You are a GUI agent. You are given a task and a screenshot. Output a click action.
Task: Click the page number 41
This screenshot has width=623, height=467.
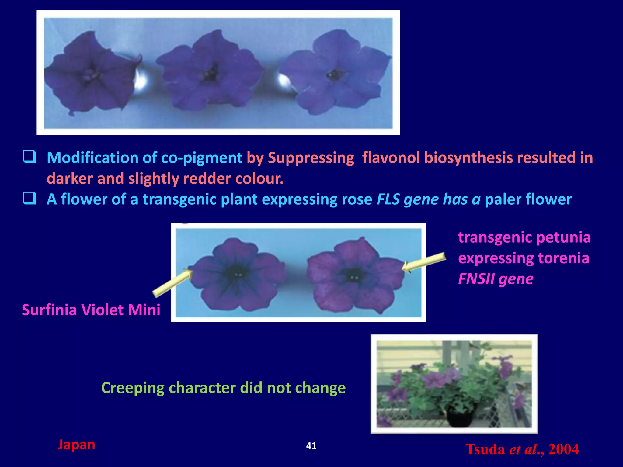click(x=311, y=446)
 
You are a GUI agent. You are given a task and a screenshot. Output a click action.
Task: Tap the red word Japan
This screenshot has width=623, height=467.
click(x=76, y=445)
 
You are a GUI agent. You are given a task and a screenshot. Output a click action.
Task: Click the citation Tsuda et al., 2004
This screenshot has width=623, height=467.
click(x=522, y=449)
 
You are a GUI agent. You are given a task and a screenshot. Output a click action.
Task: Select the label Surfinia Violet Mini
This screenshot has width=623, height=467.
click(x=91, y=310)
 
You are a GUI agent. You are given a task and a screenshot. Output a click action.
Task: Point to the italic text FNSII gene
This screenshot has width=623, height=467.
click(x=496, y=279)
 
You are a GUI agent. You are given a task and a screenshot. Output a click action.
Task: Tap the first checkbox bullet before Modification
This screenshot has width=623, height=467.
click(x=30, y=157)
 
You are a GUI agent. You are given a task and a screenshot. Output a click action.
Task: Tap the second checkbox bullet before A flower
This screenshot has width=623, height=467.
click(x=30, y=199)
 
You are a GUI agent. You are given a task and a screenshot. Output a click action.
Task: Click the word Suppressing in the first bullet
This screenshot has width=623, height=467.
click(x=311, y=158)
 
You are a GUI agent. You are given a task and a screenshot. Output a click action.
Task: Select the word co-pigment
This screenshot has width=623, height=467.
click(x=201, y=158)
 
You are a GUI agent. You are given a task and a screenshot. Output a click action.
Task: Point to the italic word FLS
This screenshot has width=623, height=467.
click(x=388, y=199)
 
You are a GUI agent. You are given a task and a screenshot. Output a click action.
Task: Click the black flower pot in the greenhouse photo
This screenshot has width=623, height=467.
click(x=460, y=417)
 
